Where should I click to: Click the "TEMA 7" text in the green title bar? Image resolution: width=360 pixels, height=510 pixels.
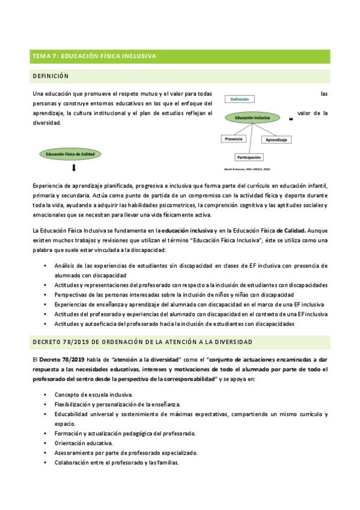pos(43,57)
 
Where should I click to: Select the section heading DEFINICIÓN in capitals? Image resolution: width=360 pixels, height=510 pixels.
pos(51,76)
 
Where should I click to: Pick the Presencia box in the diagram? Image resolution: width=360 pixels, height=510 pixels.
pos(233,138)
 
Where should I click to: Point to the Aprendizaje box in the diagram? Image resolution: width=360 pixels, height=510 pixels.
pos(276,140)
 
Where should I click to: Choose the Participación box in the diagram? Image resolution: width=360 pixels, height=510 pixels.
pos(249,157)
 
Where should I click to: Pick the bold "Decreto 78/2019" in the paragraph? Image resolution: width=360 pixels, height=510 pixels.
pos(61,359)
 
